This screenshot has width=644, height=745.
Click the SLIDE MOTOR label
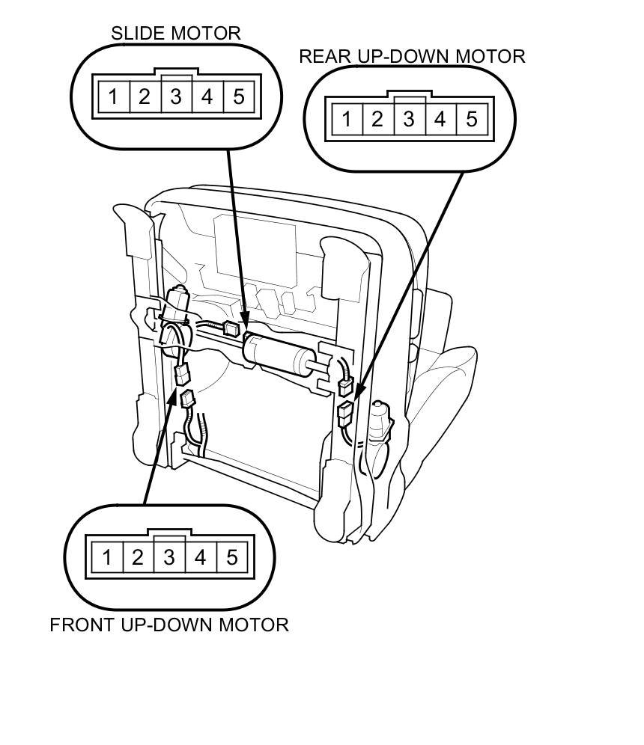[176, 34]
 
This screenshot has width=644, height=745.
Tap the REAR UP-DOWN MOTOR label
[412, 56]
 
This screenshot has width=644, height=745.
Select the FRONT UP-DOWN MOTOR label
[169, 625]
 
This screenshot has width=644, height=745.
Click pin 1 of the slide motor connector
[112, 96]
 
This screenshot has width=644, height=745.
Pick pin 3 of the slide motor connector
[175, 96]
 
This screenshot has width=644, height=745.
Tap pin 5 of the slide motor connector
[238, 96]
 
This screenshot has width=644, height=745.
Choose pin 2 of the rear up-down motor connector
[377, 119]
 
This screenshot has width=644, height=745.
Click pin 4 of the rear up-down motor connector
[440, 119]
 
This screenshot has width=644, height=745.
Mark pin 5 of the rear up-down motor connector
[472, 119]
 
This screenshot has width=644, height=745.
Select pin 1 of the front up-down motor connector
[106, 557]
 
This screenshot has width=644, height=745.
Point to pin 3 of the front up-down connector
[169, 557]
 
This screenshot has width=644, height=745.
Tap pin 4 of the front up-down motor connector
[201, 557]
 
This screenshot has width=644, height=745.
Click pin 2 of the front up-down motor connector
[138, 557]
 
